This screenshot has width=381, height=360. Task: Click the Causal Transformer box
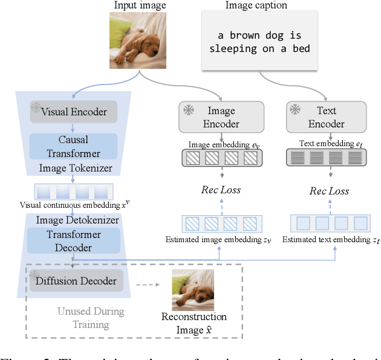[73, 146]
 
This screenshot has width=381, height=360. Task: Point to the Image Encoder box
[221, 117]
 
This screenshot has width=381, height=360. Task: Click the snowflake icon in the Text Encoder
[295, 110]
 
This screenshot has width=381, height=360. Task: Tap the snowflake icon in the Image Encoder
[189, 110]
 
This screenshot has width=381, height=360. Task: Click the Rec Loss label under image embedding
[221, 190]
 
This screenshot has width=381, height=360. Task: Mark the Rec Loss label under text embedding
[329, 191]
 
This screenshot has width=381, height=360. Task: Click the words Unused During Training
[91, 318]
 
